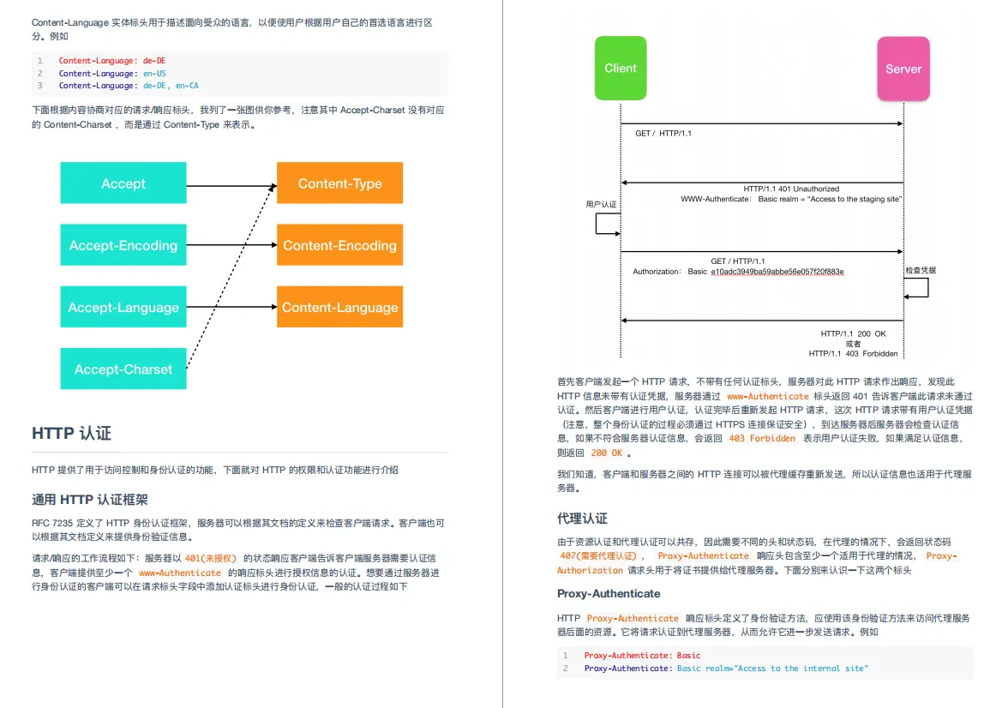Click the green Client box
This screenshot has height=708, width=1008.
pyautogui.click(x=620, y=68)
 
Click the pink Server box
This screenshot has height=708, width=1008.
pyautogui.click(x=903, y=69)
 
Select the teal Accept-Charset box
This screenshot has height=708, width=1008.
pyautogui.click(x=123, y=369)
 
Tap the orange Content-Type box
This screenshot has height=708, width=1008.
pyautogui.click(x=339, y=183)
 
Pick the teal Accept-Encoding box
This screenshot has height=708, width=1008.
pyautogui.click(x=123, y=245)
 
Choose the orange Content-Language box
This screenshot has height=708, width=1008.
pyautogui.click(x=339, y=308)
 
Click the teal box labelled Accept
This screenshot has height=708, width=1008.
pyautogui.click(x=123, y=183)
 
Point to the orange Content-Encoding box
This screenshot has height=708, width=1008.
pyautogui.click(x=339, y=245)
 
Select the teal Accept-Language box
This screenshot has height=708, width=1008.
pyautogui.click(x=123, y=308)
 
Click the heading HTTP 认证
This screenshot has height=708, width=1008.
pyautogui.click(x=71, y=434)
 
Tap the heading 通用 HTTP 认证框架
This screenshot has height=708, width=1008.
pyautogui.click(x=90, y=500)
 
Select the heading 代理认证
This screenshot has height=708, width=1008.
pyautogui.click(x=582, y=519)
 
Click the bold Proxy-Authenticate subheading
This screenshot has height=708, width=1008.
pyautogui.click(x=609, y=593)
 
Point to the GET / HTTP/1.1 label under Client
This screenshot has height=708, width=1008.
pyautogui.click(x=663, y=134)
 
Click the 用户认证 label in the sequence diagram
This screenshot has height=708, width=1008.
pyautogui.click(x=601, y=205)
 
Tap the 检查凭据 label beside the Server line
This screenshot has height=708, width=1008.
pyautogui.click(x=921, y=270)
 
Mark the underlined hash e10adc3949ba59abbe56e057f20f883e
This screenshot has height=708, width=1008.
pyautogui.click(x=777, y=272)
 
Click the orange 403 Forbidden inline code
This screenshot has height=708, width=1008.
pyautogui.click(x=749, y=439)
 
